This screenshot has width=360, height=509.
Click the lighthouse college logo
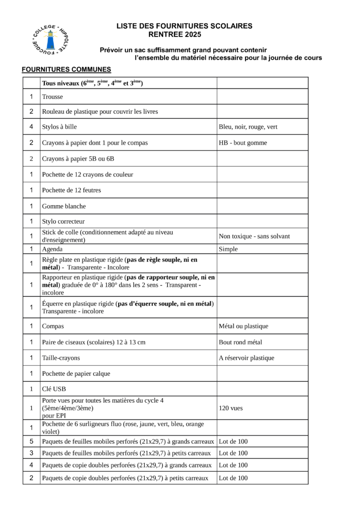point(50,39)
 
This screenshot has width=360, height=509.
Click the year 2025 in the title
point(192,35)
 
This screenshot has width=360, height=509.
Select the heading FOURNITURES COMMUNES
point(66,69)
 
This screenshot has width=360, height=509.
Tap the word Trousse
point(53,97)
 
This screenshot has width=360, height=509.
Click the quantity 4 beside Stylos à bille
point(31,127)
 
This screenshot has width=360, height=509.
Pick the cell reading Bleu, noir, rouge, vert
point(248,127)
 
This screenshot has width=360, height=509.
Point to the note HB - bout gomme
point(243,143)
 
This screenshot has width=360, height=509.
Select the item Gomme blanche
point(64,206)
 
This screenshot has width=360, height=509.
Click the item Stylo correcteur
point(63,221)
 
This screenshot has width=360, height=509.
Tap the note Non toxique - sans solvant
point(254,236)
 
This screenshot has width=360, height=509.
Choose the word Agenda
point(53,249)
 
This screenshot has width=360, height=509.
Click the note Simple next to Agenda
point(228,249)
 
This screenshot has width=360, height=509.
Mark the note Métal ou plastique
point(243,326)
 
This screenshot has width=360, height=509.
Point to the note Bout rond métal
point(240,342)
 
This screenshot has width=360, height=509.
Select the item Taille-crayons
point(61,357)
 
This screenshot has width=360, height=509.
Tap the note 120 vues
point(231,408)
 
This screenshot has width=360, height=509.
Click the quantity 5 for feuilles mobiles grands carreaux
point(31,441)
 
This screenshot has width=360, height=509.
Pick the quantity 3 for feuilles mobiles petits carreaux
point(31,453)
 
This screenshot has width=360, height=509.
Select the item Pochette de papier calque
point(76,373)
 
